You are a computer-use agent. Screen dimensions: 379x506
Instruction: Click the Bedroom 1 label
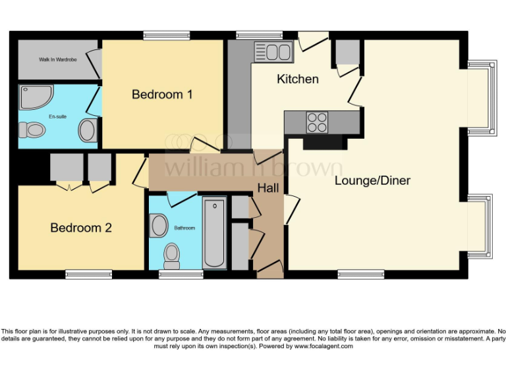point(162,94)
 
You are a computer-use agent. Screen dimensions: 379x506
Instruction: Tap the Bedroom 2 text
point(81,228)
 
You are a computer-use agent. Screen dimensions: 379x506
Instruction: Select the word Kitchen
point(298,79)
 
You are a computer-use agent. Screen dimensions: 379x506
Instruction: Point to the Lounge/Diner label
point(372,180)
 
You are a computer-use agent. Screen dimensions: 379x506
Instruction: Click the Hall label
point(268,188)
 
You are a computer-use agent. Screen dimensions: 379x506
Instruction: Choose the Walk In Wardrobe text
point(58,60)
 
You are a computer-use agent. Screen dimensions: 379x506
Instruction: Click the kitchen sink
point(273,51)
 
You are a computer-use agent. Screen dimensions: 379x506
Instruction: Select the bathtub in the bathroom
point(214,233)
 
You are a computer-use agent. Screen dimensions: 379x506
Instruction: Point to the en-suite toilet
point(31,130)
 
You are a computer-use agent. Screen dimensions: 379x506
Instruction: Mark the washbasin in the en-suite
point(88,130)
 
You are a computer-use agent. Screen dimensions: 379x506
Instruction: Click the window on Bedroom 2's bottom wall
point(88,274)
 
